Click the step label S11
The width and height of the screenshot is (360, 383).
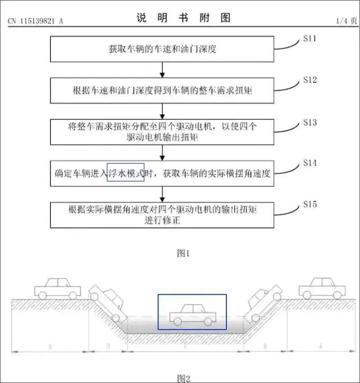309,39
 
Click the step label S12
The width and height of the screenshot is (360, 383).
310,80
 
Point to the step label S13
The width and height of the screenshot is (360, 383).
310,122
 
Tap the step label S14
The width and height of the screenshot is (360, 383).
310,163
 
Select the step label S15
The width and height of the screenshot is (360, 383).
310,205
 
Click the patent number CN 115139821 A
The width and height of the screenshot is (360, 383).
36,21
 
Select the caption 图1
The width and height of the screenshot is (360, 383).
183,254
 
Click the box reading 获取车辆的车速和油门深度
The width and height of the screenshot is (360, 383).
162,49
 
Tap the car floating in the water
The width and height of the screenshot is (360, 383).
192,314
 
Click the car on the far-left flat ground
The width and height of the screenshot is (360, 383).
57,288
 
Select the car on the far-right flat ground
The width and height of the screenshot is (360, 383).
321,288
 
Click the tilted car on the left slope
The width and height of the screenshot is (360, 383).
108,303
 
